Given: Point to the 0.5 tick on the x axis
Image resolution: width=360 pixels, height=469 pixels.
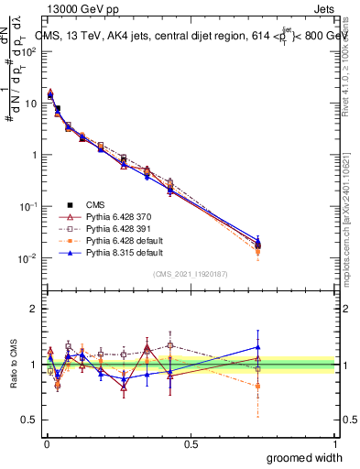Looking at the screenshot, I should [191, 443].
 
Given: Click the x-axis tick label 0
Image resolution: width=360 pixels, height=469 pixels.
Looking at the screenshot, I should [45, 443].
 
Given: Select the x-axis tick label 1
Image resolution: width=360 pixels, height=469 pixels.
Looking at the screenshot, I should [334, 443].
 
